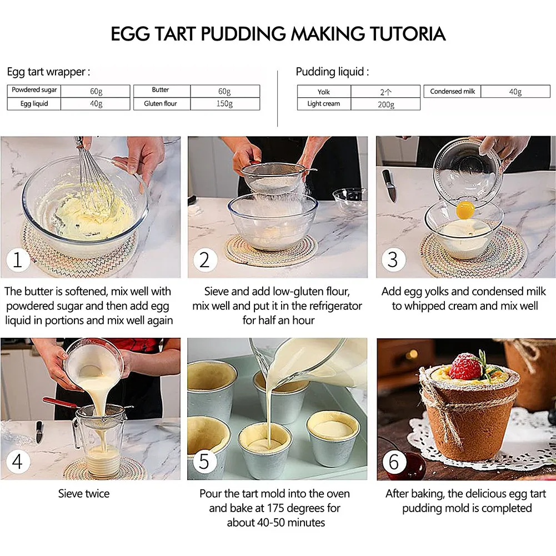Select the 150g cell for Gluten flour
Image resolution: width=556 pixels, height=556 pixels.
224,104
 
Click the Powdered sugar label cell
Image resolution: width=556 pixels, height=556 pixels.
34,90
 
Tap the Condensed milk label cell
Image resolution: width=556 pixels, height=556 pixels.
453,92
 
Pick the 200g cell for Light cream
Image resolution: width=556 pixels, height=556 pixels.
385,104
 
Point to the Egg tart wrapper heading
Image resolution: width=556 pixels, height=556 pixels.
48,72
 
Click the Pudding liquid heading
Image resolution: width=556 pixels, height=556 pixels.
332,72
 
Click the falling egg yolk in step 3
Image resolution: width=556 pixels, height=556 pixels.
465,210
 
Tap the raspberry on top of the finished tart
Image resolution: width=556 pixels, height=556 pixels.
465,367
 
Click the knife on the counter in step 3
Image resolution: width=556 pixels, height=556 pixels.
389,186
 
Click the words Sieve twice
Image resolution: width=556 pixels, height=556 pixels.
84,493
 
